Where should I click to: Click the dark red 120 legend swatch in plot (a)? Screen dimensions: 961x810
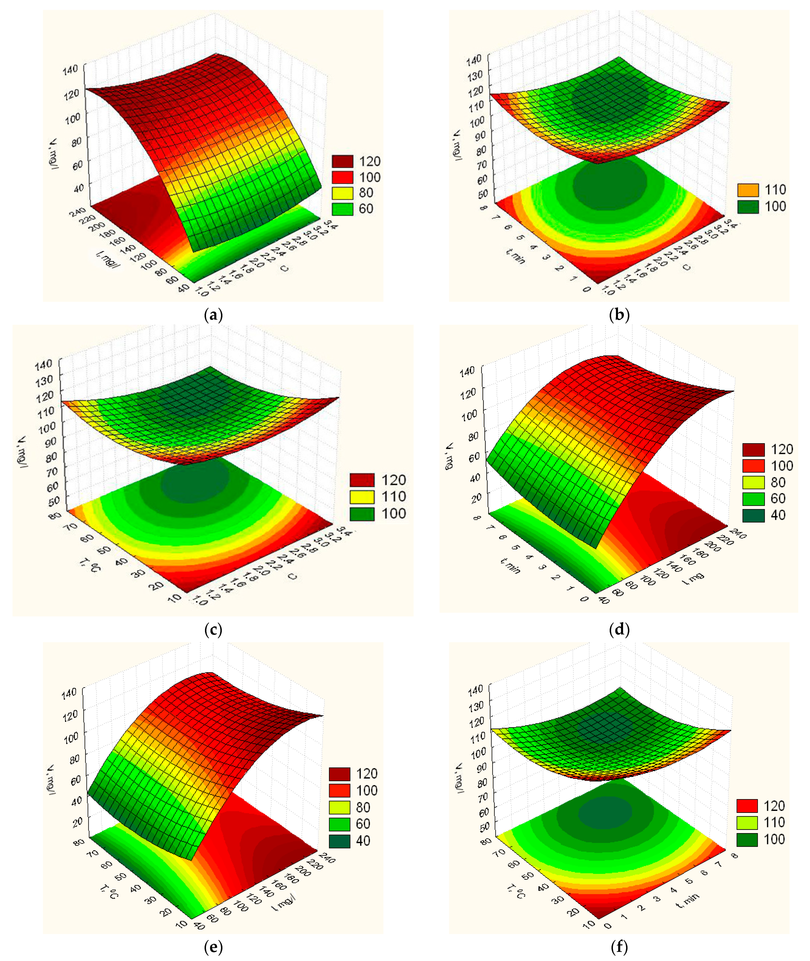[x=342, y=161]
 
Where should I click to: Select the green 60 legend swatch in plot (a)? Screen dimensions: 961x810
[x=342, y=209]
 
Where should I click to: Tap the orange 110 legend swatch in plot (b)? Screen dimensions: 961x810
[x=748, y=190]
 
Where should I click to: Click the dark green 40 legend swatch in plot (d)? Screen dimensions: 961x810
[x=753, y=515]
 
